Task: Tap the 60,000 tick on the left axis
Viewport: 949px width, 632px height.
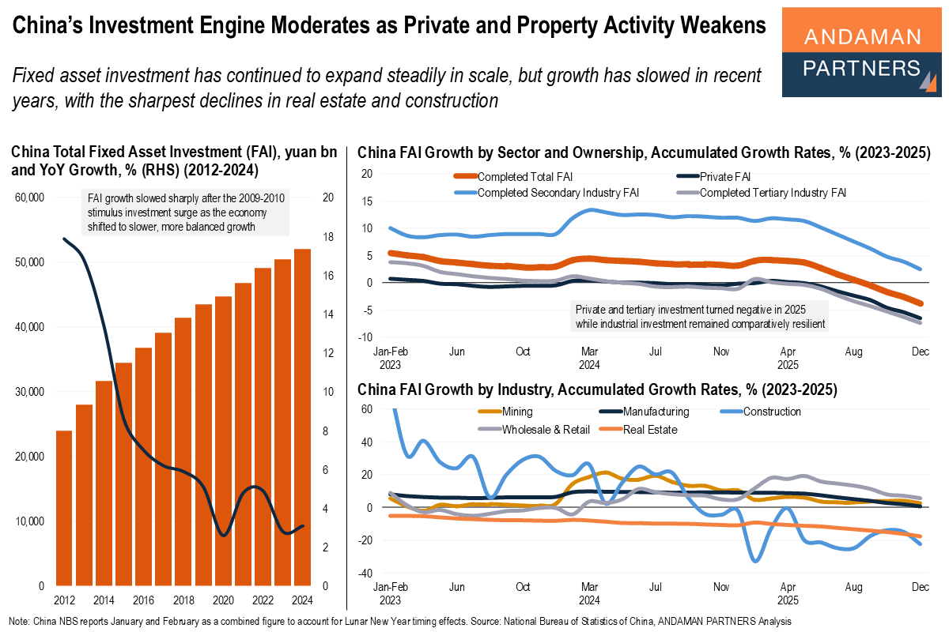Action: coord(30,197)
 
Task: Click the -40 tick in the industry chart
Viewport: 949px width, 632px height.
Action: coord(365,573)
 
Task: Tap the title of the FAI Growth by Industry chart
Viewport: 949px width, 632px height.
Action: coord(597,389)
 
